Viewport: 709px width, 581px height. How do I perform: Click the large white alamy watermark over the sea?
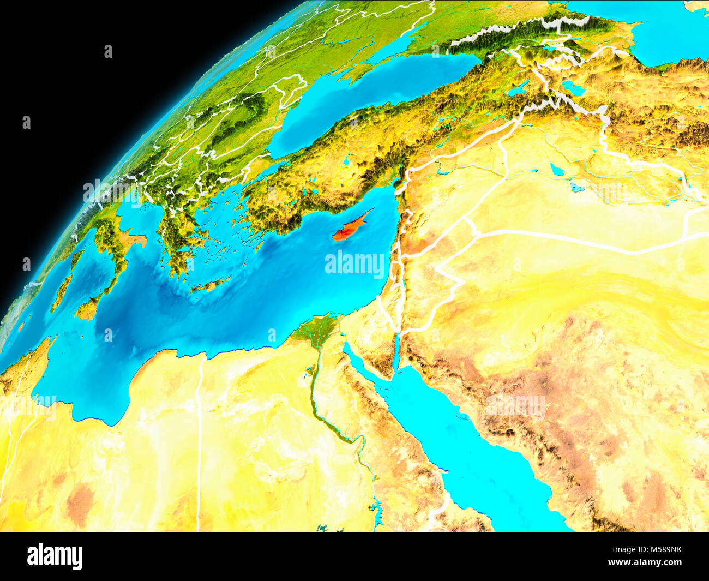pyautogui.click(x=354, y=264)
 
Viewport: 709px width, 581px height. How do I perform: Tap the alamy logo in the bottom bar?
pyautogui.click(x=55, y=556)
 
